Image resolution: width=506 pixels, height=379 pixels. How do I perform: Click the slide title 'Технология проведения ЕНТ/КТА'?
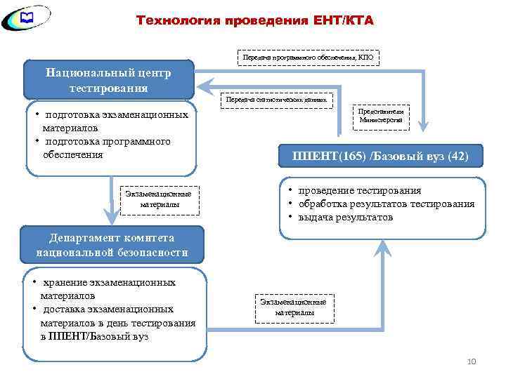[254, 20]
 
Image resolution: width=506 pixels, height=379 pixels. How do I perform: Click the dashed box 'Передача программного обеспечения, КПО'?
[309, 55]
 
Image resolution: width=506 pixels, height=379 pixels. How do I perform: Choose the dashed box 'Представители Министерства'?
[380, 115]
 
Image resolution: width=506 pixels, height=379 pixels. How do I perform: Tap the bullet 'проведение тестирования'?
[360, 190]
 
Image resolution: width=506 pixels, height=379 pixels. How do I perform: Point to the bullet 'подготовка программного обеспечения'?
[105, 148]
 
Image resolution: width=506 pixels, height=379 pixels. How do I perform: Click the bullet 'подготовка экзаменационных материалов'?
[112, 121]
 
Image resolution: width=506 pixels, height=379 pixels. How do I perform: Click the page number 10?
[472, 361]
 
